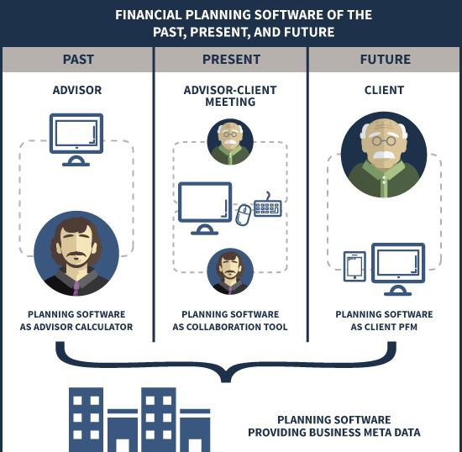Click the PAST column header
coord(78,60)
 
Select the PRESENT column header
coord(231,60)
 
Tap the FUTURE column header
coord(385,60)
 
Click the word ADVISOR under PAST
coord(77,90)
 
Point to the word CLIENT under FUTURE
coord(384,90)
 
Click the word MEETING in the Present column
coord(230,102)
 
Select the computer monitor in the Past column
coord(76,139)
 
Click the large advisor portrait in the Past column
coord(76,254)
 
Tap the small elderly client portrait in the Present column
coord(230,142)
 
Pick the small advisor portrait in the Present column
coord(230,271)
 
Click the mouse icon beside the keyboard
coord(244,215)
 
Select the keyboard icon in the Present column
coord(267,206)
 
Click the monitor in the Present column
coord(205,208)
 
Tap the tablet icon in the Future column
coord(354,266)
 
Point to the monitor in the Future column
coord(398,269)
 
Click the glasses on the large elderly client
coord(384,140)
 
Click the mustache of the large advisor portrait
coord(76,255)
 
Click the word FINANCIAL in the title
coord(148,15)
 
